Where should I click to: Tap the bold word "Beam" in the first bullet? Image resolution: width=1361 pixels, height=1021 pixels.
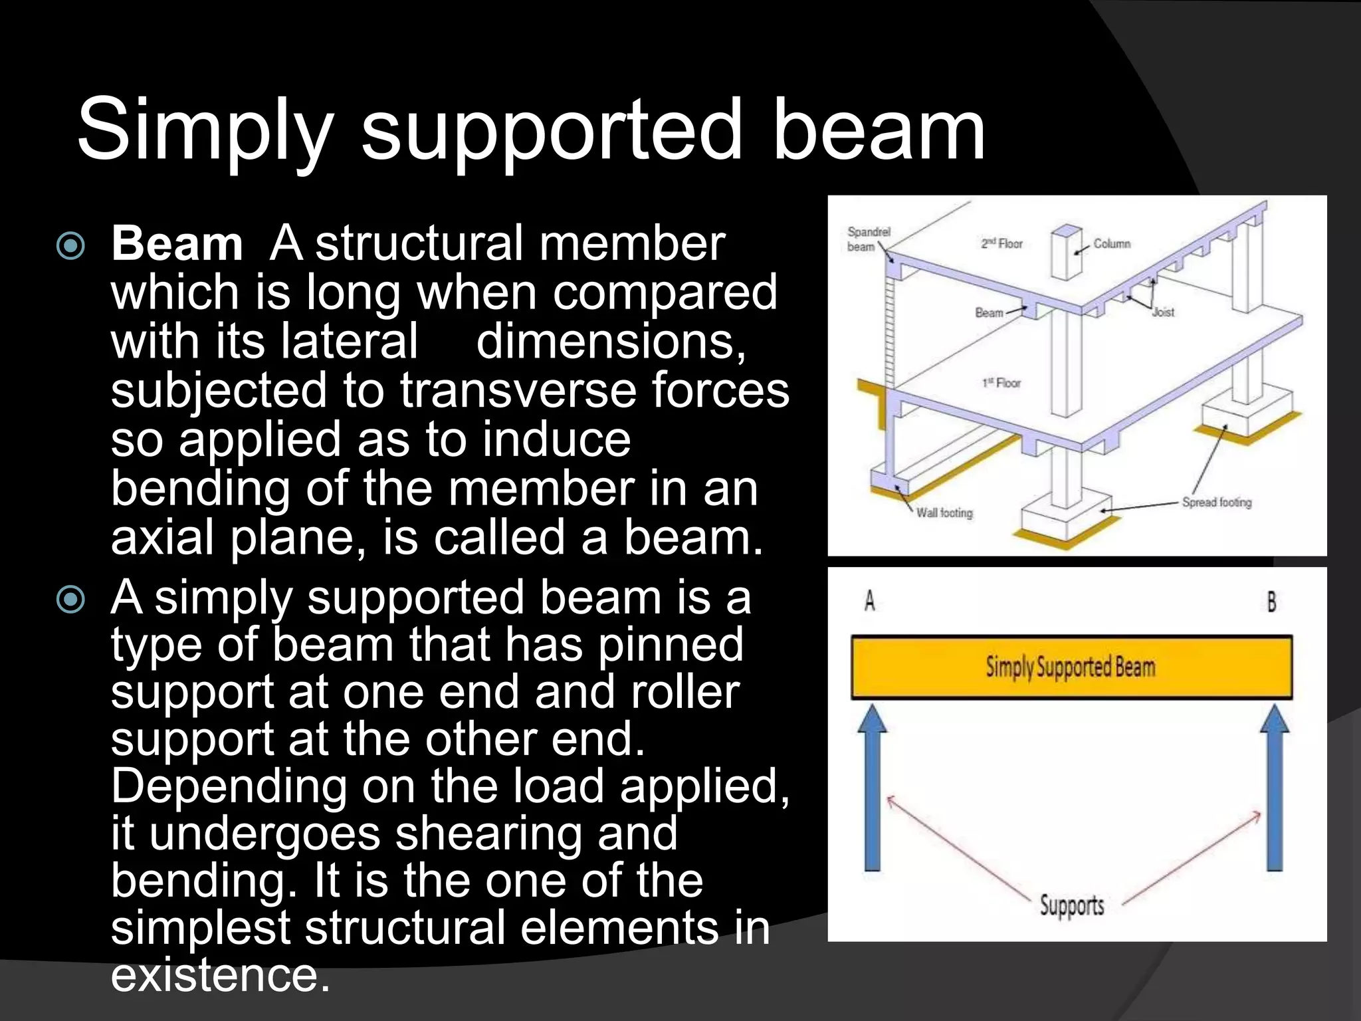[177, 244]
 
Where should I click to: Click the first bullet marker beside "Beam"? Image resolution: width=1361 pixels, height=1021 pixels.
[71, 246]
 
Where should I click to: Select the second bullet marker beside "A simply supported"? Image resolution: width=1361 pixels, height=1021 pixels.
[71, 600]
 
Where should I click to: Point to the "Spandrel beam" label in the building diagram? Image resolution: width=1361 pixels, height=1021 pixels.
[868, 239]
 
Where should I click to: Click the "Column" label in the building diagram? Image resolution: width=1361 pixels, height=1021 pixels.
[1112, 244]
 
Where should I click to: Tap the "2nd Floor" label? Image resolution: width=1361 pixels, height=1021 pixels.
[1001, 244]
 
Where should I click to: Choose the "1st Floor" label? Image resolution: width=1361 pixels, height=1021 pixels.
[1001, 383]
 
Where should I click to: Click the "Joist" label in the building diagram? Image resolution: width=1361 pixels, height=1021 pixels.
[1163, 312]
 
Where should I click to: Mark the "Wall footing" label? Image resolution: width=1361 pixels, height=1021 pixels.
[944, 512]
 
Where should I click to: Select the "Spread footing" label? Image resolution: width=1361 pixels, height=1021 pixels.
[1216, 503]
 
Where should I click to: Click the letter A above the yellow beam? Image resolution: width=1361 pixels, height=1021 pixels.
[869, 602]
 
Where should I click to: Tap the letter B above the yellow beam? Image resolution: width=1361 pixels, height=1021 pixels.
[1271, 602]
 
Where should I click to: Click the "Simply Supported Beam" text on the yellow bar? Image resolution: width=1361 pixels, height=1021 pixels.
[1071, 667]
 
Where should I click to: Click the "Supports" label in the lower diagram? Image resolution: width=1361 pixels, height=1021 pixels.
[1072, 905]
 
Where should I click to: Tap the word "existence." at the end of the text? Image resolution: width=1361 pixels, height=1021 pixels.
[220, 975]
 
